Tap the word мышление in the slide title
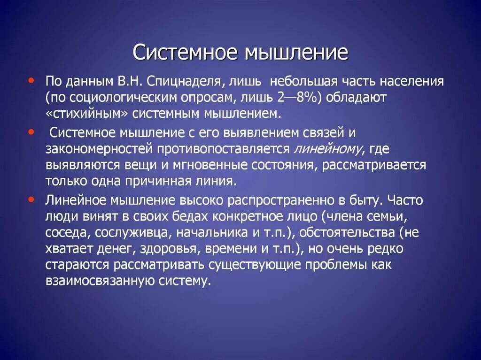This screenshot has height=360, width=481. [x=295, y=53]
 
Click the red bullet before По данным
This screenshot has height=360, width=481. [x=31, y=81]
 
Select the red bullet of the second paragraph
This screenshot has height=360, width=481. [x=31, y=133]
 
